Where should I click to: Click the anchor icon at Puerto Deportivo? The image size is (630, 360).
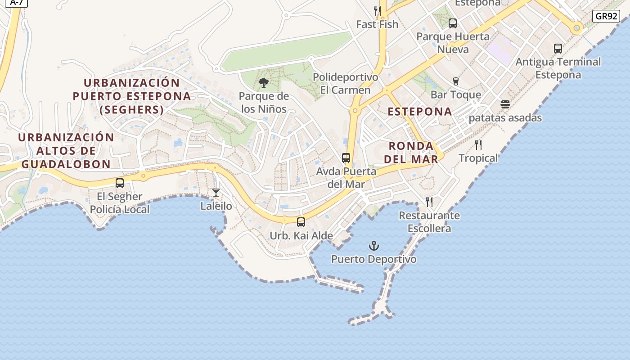(374, 246)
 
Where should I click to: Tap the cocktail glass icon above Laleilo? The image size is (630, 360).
(216, 193)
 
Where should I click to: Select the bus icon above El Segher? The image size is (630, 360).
(120, 183)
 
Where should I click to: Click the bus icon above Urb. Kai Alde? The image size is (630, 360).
(301, 222)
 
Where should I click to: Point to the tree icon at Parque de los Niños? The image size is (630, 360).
(264, 83)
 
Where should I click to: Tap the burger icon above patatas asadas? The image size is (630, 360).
(505, 104)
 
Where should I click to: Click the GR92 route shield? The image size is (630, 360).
(606, 17)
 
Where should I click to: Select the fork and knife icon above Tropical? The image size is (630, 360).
(478, 145)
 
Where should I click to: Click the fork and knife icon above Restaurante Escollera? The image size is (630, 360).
(429, 202)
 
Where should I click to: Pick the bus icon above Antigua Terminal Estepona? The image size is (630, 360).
(558, 49)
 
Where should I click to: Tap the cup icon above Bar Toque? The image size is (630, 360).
(456, 81)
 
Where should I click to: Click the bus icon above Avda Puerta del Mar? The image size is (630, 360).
(346, 158)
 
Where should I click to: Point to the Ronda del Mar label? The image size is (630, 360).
(411, 153)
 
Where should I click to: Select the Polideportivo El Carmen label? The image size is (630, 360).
(346, 84)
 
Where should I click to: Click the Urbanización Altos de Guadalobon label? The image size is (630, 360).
(66, 151)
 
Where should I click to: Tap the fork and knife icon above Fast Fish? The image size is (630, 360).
(378, 11)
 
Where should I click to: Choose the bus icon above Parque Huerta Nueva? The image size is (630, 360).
(453, 23)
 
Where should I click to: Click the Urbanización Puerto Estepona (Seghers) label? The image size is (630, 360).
(132, 96)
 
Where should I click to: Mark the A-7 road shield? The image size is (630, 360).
(17, 2)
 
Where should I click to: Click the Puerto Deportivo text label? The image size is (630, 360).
(373, 260)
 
